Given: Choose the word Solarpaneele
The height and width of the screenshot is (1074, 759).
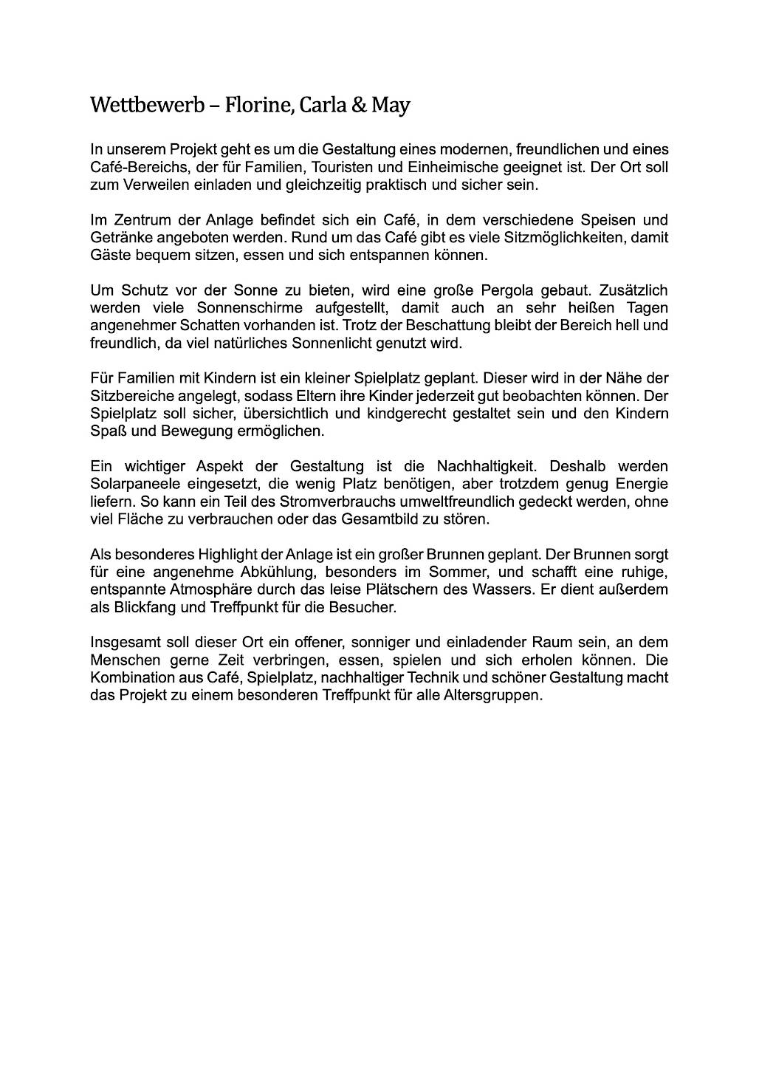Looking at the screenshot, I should click(131, 484).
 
